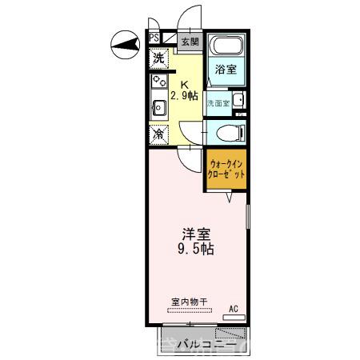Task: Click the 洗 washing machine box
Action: click(159, 58)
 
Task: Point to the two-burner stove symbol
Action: click(158, 81)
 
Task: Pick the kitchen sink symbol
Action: click(158, 104)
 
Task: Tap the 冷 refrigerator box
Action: click(159, 134)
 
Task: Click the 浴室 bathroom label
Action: click(226, 70)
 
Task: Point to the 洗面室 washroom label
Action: click(218, 103)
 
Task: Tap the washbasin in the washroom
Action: click(239, 100)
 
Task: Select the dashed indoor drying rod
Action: click(190, 310)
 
